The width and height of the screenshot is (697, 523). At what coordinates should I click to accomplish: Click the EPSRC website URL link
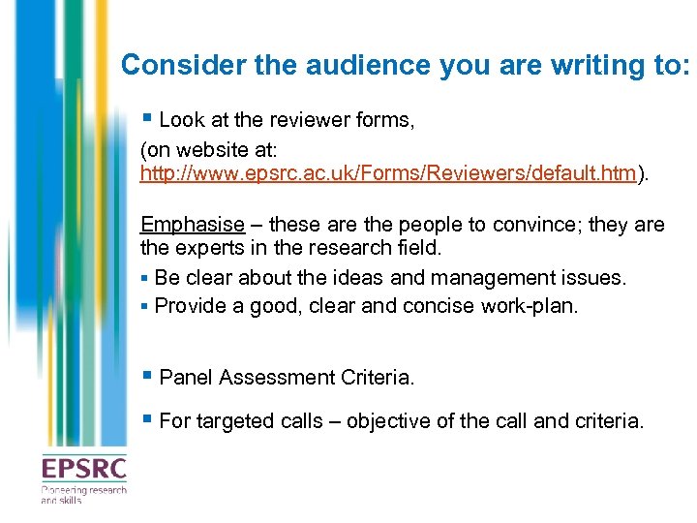point(388,173)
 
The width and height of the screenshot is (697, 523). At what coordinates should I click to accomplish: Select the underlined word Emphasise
point(193,225)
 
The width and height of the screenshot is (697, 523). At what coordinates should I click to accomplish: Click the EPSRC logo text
point(83,470)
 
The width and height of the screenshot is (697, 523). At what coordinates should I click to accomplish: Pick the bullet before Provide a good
point(144,306)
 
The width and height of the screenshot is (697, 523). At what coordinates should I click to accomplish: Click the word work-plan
point(543,306)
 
